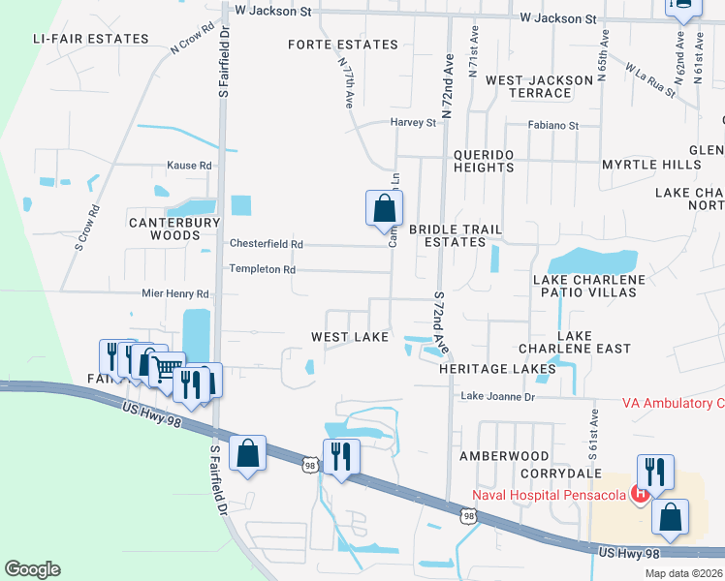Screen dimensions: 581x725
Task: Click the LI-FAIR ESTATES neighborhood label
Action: (x=90, y=39)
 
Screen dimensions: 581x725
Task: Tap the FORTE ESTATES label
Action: (x=343, y=45)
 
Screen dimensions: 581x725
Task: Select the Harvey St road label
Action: (x=414, y=123)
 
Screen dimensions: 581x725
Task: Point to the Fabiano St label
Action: (x=552, y=126)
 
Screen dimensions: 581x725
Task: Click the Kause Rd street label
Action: (x=189, y=166)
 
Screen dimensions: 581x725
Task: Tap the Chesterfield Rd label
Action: (x=266, y=244)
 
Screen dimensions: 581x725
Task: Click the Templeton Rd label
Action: (x=262, y=269)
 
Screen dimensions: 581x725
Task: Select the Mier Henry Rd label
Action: (x=175, y=293)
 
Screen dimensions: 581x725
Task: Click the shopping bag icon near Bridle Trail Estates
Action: (x=384, y=207)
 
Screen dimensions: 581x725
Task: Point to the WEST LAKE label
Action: (x=349, y=337)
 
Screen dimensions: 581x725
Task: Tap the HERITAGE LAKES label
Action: (x=497, y=369)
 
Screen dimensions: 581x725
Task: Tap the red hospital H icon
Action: (x=640, y=495)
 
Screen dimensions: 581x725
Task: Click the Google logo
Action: (x=32, y=569)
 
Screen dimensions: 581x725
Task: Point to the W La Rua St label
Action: (x=649, y=80)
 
